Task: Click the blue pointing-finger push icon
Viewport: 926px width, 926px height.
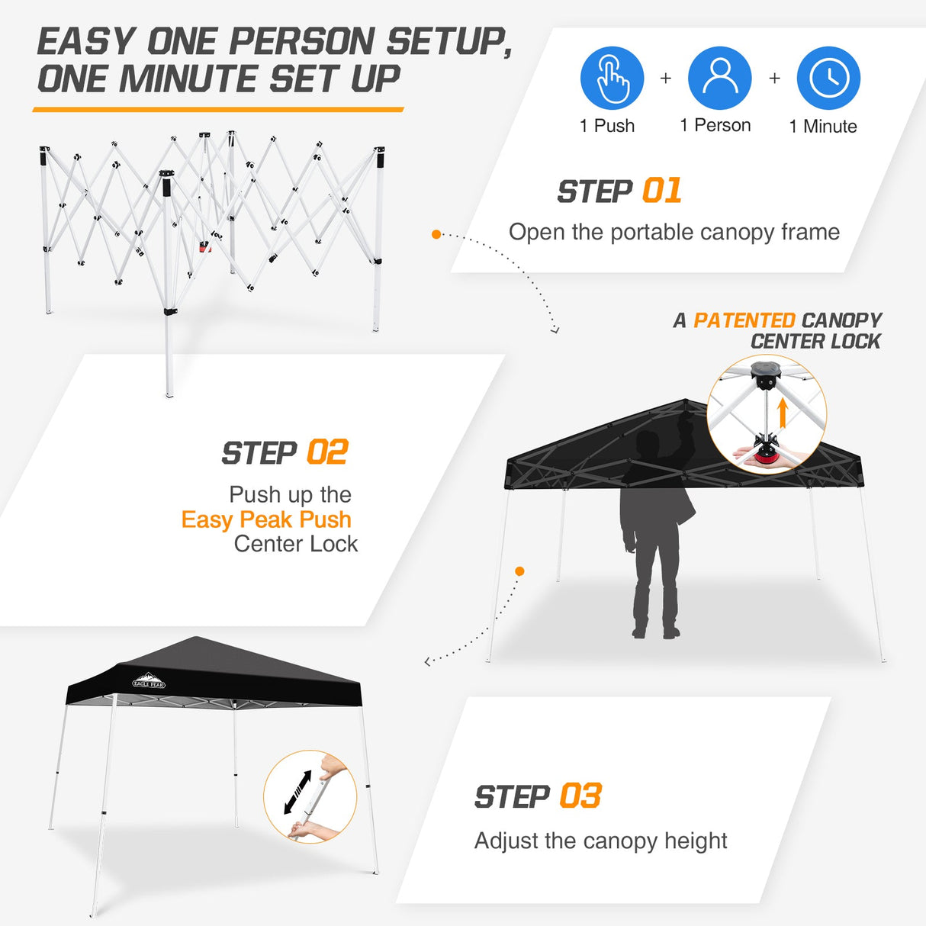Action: click(x=612, y=78)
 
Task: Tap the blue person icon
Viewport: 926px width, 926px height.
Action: click(x=719, y=78)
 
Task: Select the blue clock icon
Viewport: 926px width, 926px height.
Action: click(x=828, y=78)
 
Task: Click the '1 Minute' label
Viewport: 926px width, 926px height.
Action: click(x=822, y=127)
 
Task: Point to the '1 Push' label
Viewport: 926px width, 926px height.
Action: click(x=607, y=126)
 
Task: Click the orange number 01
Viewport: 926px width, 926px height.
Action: click(x=661, y=191)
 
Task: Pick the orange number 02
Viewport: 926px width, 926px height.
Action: click(x=327, y=452)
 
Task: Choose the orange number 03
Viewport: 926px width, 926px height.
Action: click(x=580, y=796)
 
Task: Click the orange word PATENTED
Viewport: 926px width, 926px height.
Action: click(x=744, y=320)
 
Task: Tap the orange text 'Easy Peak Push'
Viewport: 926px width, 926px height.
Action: click(x=266, y=519)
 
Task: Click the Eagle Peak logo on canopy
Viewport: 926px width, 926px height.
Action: click(x=148, y=681)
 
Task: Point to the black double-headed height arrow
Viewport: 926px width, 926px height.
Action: click(x=297, y=792)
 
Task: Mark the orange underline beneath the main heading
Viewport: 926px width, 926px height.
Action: click(x=218, y=110)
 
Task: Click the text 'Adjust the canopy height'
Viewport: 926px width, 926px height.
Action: click(x=600, y=841)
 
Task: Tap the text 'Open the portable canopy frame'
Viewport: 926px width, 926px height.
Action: click(x=674, y=232)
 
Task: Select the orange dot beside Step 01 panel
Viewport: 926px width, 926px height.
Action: click(x=436, y=234)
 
